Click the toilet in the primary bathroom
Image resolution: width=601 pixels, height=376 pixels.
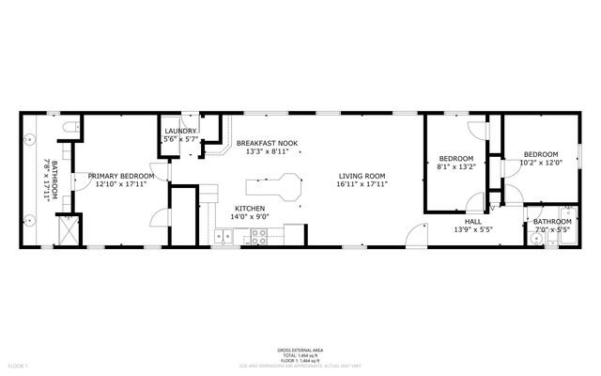click(x=65, y=126)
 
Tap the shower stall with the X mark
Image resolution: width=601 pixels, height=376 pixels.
click(x=67, y=228)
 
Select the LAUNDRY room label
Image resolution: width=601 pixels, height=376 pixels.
click(x=180, y=131)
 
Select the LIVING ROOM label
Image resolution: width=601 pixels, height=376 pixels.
click(x=362, y=175)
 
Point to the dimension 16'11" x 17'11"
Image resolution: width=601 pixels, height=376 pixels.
click(x=362, y=184)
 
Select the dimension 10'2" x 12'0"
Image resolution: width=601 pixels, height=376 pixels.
click(x=540, y=163)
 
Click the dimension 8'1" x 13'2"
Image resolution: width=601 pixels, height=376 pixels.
click(x=457, y=168)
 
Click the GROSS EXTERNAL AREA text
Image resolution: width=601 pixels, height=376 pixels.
click(x=300, y=348)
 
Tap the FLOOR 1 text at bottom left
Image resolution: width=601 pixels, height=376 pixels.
click(x=19, y=365)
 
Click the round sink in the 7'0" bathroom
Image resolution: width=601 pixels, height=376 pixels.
click(x=534, y=240)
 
